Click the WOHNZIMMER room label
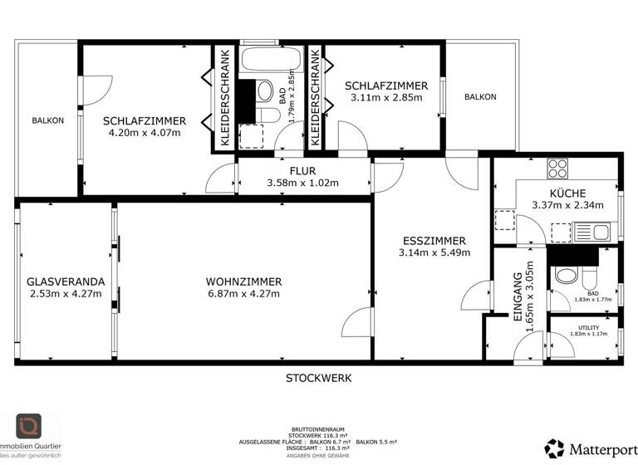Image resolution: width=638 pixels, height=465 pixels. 243,281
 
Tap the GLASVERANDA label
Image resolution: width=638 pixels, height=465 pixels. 66,281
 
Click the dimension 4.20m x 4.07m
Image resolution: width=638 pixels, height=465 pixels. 145,133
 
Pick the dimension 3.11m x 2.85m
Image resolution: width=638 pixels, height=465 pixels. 386,97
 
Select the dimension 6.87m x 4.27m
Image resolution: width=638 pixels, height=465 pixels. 243,293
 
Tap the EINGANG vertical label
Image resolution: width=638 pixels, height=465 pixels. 517,296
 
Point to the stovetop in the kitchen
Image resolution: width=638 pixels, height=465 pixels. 557,169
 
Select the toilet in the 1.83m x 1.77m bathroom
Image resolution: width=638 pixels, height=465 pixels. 567,276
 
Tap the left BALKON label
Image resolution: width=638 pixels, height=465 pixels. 47,121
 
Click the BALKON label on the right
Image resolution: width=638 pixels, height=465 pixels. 480,97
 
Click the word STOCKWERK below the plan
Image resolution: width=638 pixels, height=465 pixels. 319,378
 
